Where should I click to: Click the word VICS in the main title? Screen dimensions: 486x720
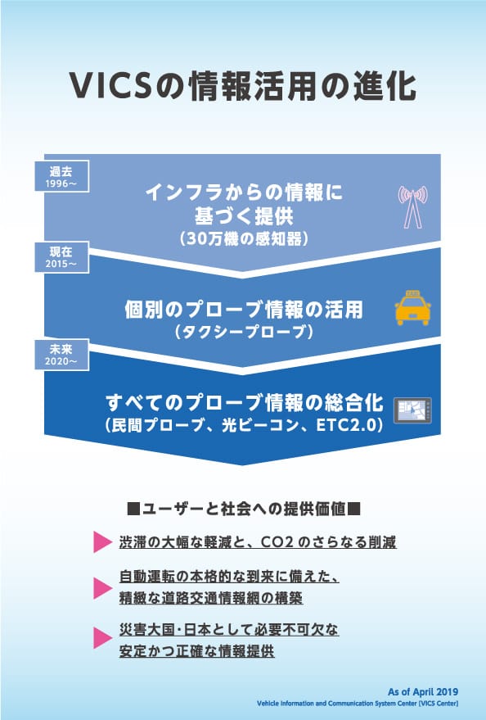110,86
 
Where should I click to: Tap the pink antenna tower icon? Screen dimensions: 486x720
412,206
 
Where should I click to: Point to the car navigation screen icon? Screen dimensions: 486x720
412,410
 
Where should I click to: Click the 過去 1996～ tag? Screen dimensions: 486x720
62,177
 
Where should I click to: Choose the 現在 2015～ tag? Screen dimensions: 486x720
62,257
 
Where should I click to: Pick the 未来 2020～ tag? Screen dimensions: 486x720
62,355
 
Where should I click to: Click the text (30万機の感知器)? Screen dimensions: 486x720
244,239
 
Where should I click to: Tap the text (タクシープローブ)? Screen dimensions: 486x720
244,332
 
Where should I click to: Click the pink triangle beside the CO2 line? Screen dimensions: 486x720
103,541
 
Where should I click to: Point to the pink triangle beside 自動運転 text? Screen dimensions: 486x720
103,588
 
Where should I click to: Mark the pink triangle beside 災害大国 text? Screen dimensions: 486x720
103,638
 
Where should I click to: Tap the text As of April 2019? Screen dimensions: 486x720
423,692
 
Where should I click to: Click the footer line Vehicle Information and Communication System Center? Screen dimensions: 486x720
358,704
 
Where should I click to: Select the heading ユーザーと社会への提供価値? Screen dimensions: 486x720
244,509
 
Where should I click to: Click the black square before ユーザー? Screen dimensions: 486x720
133,509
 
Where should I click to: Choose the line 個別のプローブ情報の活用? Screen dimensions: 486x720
244,310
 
